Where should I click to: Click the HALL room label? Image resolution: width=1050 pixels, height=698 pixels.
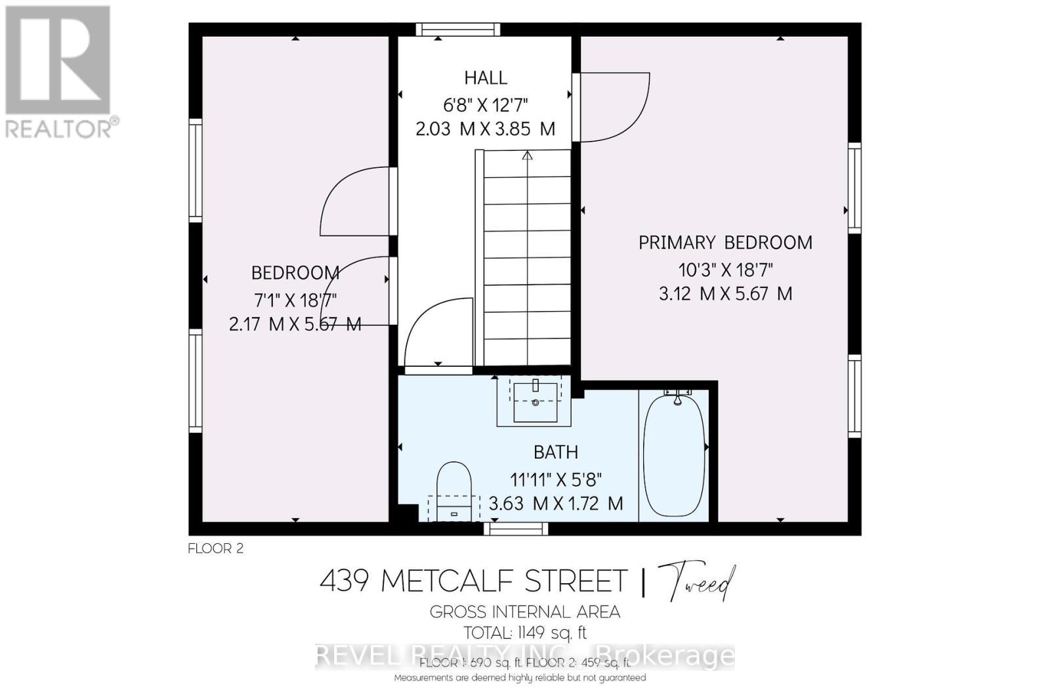pos(486,78)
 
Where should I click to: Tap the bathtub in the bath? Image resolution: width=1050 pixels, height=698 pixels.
pos(674,453)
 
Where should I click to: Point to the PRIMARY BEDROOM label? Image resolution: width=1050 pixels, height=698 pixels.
pos(725,243)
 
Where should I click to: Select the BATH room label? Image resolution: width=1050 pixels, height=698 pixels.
pos(555,452)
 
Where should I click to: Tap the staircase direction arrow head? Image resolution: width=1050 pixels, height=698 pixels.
pos(527,156)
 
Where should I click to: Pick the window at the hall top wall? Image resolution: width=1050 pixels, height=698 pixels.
pos(457,29)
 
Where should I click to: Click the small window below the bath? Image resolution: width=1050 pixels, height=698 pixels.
pos(516,529)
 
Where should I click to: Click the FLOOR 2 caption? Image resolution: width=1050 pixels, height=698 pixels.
pos(215,548)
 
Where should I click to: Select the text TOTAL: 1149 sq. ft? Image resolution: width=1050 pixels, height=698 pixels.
pos(525,633)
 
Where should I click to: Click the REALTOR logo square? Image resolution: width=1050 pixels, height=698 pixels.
pos(58,60)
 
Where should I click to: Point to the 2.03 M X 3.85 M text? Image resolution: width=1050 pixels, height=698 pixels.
pos(486,129)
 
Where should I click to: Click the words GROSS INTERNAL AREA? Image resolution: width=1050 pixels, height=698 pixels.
pos(525,612)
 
